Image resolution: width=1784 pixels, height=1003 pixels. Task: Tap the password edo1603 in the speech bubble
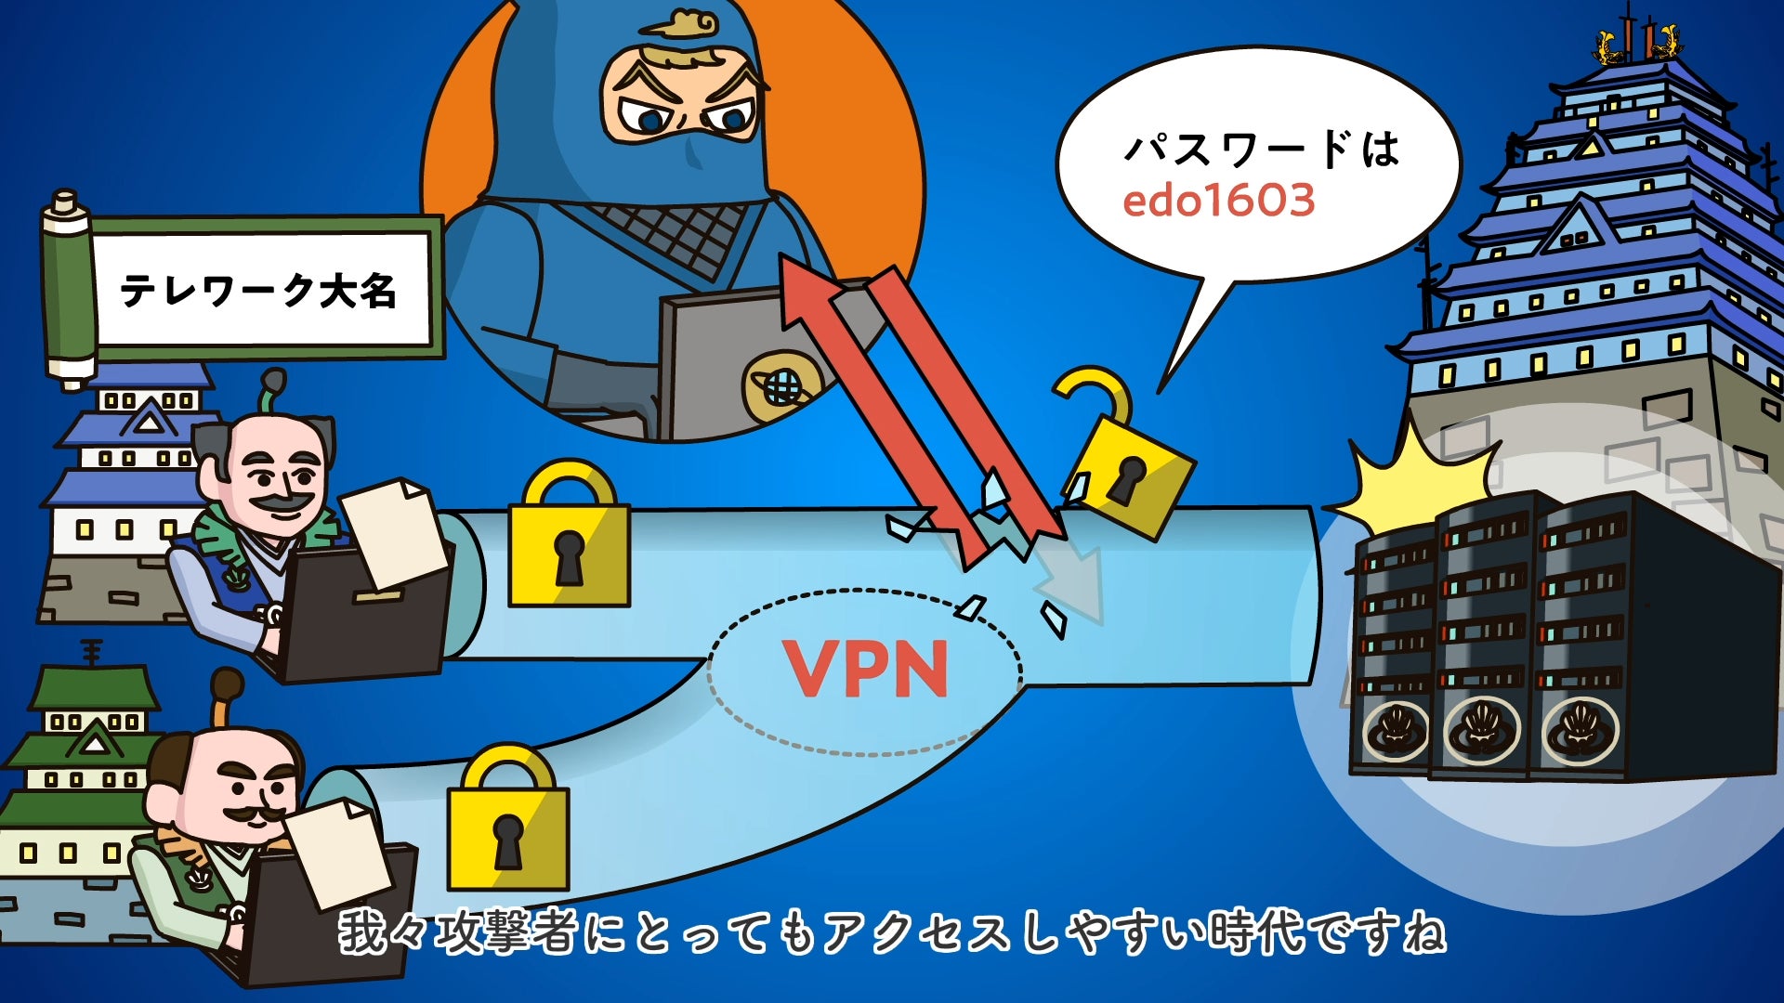point(1218,201)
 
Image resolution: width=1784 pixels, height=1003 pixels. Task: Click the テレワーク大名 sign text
point(258,291)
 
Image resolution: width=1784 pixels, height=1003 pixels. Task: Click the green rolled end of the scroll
point(68,288)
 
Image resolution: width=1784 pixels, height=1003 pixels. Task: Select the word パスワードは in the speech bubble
point(1261,149)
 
